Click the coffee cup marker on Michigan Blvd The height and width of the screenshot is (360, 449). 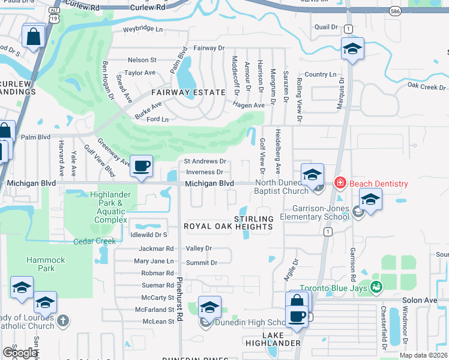pyautogui.click(x=141, y=166)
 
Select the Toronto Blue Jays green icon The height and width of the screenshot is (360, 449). pyautogui.click(x=376, y=288)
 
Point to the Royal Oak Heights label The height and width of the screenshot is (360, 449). pyautogui.click(x=228, y=226)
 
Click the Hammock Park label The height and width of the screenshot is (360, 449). pyautogui.click(x=40, y=264)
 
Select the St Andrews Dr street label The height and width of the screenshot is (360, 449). pyautogui.click(x=205, y=161)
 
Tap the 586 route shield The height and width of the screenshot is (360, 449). pyautogui.click(x=394, y=11)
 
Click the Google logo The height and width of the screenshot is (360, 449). pyautogui.click(x=19, y=352)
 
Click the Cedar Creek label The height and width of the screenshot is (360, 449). pyautogui.click(x=94, y=241)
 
